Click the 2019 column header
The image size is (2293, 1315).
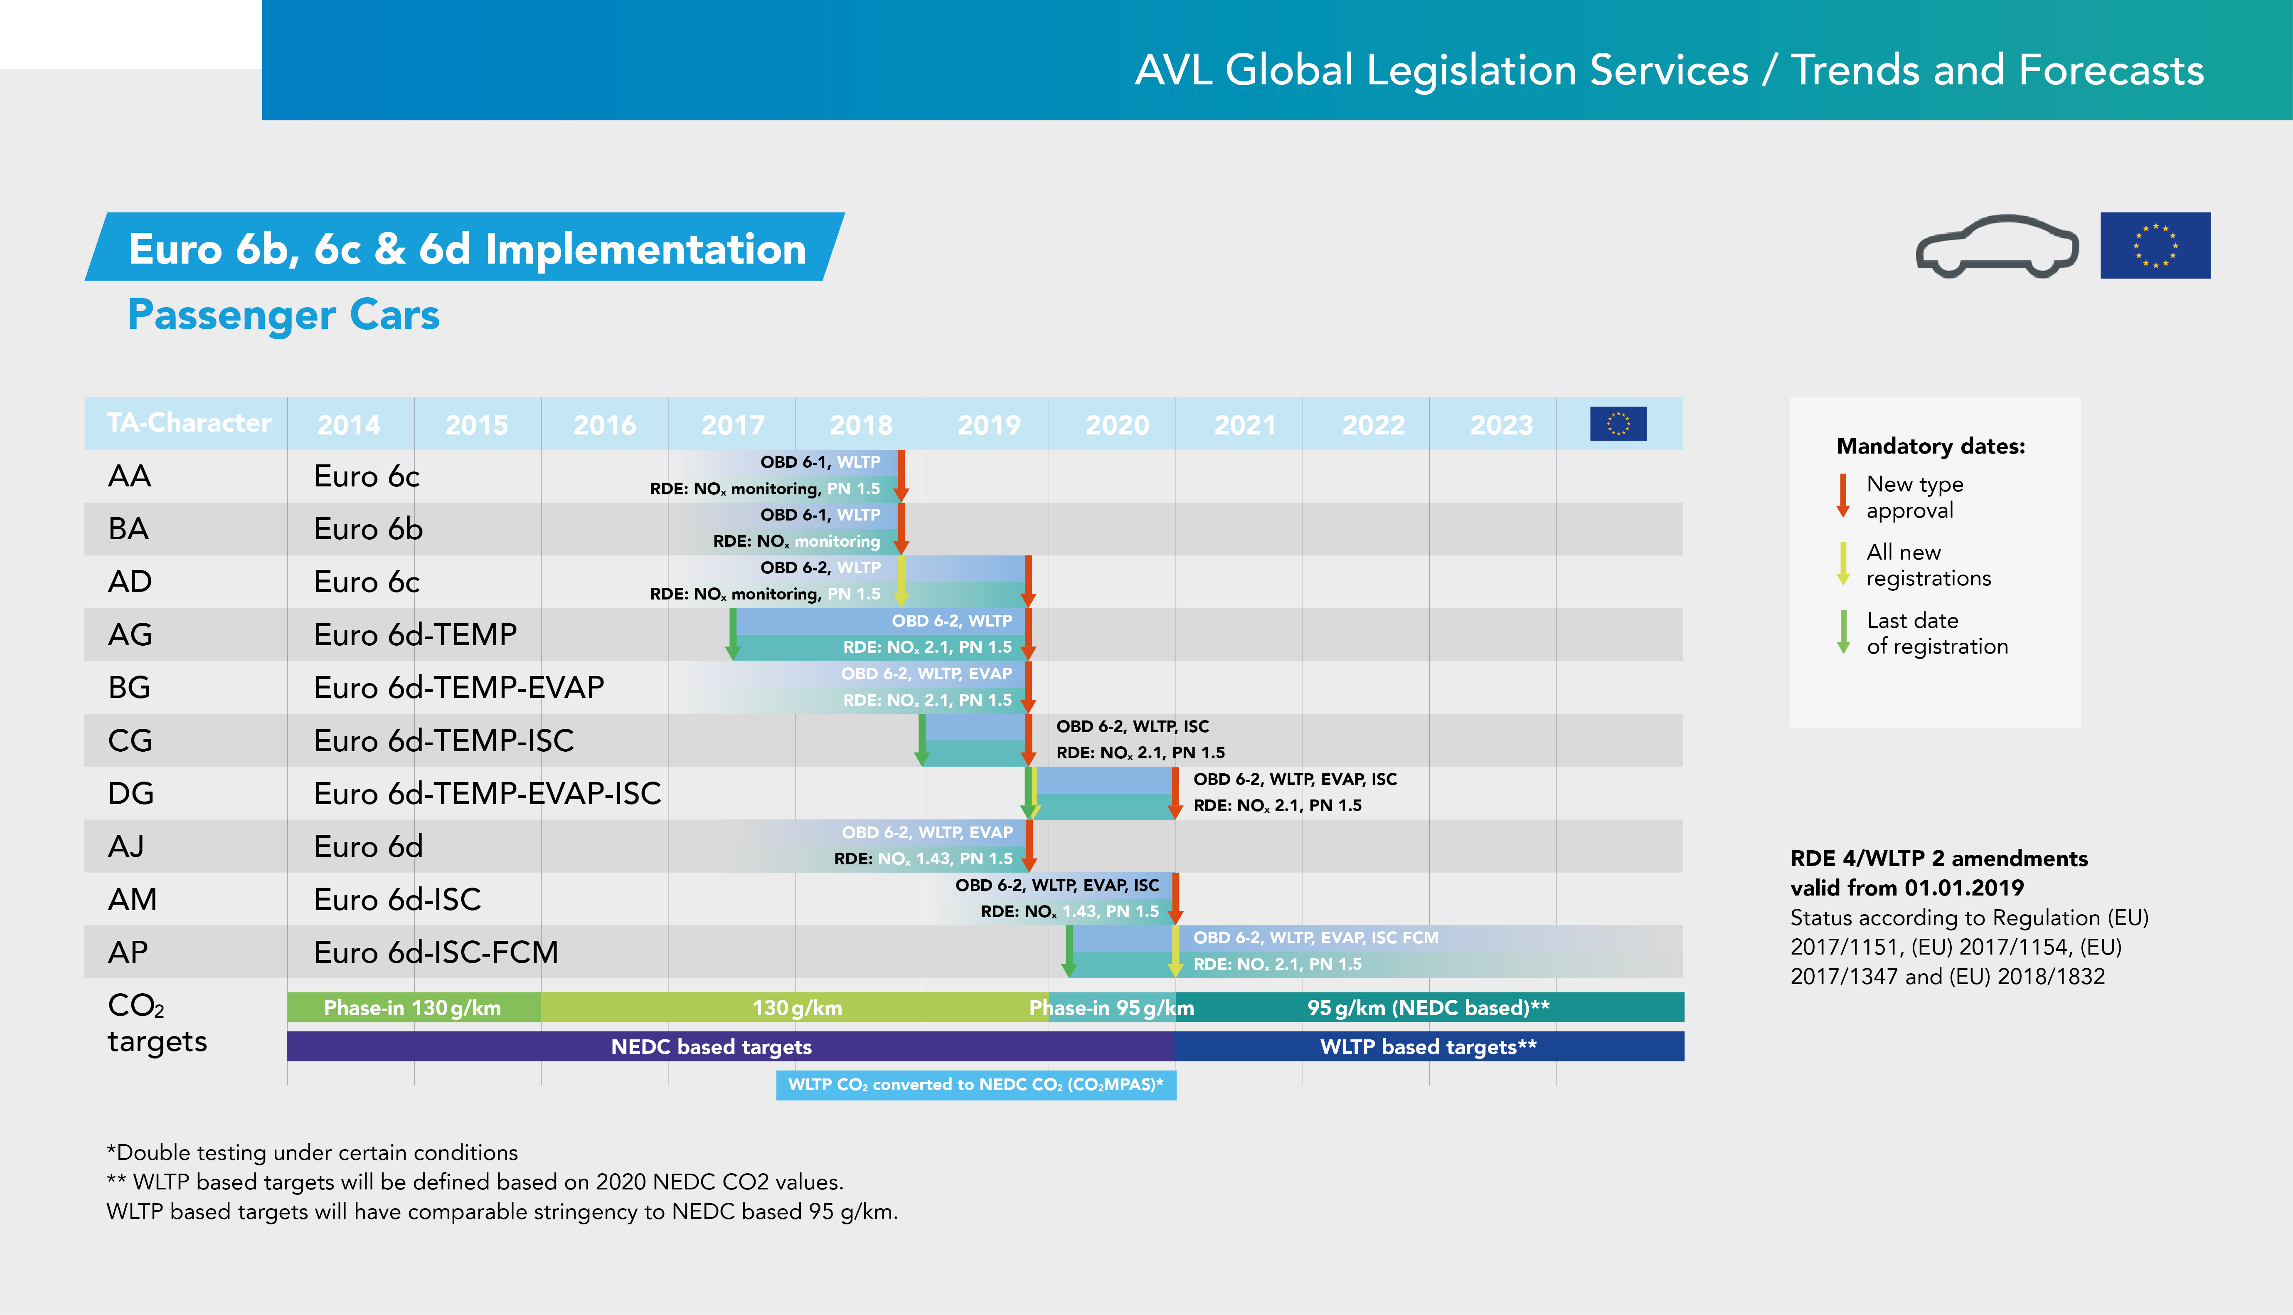(990, 424)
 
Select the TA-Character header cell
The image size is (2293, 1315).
(189, 423)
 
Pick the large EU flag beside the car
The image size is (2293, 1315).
(2155, 246)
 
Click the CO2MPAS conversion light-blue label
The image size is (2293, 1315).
(976, 1085)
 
